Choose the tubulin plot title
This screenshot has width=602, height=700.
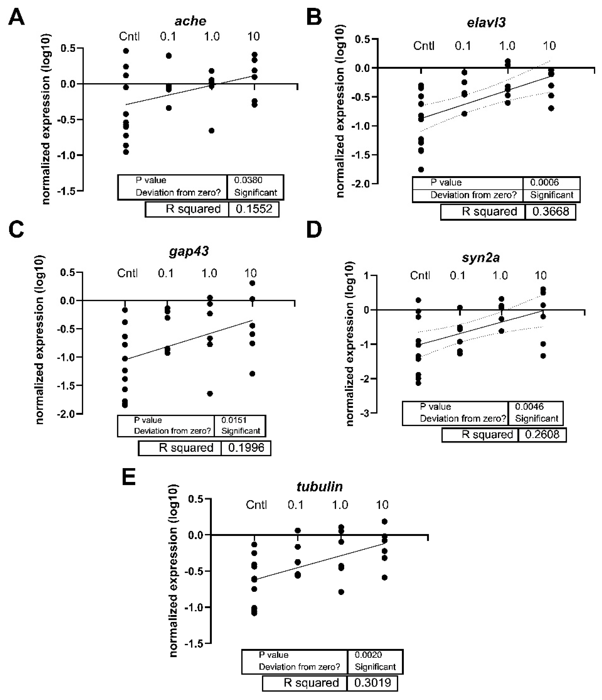(320, 487)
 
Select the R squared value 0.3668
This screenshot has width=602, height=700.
(550, 211)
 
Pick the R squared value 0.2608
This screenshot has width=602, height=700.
(542, 435)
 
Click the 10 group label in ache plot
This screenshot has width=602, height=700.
(253, 36)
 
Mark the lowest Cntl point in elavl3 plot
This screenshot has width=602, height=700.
(421, 170)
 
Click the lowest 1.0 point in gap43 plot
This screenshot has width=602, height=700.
(210, 394)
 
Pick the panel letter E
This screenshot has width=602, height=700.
(128, 477)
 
